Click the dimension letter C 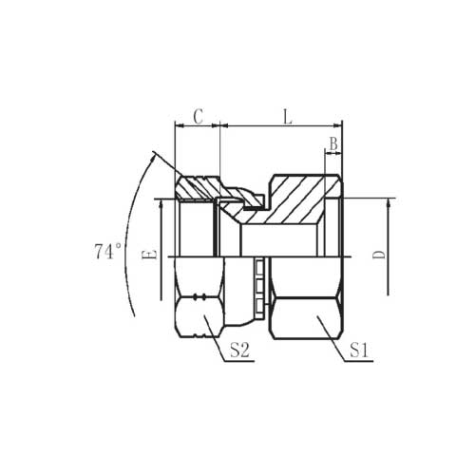pyautogui.click(x=199, y=117)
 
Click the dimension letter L pyautogui.click(x=287, y=117)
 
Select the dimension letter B pyautogui.click(x=333, y=144)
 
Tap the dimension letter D pyautogui.click(x=378, y=255)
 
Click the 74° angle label pyautogui.click(x=107, y=252)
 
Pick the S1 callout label pyautogui.click(x=359, y=351)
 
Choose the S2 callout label pyautogui.click(x=239, y=351)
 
